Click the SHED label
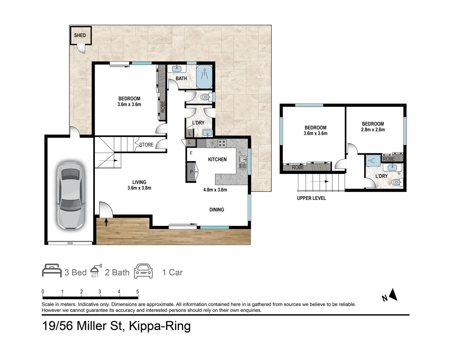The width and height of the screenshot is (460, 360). click(x=80, y=35)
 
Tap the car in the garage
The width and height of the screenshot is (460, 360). click(x=71, y=196)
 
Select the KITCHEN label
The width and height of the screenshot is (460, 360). click(x=217, y=160)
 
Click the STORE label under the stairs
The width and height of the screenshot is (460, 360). click(x=146, y=145)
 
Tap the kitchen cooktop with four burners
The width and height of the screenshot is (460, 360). click(x=222, y=143)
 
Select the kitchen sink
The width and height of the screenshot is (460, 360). click(x=243, y=162)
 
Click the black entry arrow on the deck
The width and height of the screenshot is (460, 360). click(x=106, y=222)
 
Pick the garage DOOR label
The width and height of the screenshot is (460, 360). click(x=70, y=243)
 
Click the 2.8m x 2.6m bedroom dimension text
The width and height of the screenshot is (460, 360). click(x=373, y=130)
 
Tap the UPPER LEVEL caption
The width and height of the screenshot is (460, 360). click(x=311, y=198)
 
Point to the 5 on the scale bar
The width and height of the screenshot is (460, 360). click(x=137, y=292)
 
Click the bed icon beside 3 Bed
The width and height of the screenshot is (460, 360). click(x=52, y=271)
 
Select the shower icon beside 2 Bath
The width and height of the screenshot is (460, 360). click(x=96, y=271)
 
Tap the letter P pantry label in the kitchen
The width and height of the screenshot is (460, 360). click(x=191, y=172)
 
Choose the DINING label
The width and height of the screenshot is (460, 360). click(x=217, y=210)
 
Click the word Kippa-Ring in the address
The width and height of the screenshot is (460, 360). click(x=160, y=326)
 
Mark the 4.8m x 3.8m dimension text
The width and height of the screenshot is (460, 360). click(x=215, y=190)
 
